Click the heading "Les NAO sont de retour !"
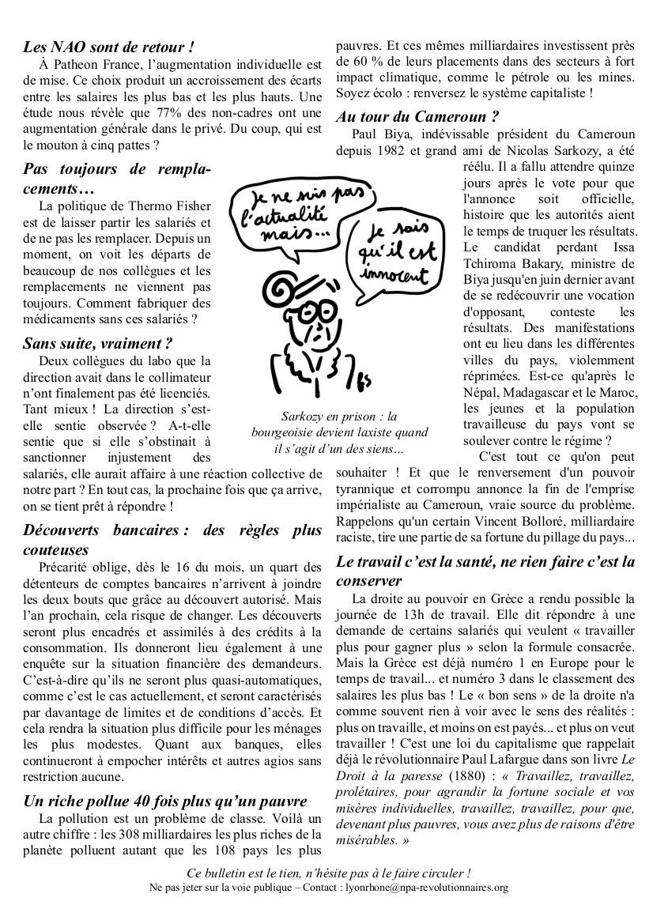tap(108, 47)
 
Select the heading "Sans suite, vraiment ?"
tap(98, 344)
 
